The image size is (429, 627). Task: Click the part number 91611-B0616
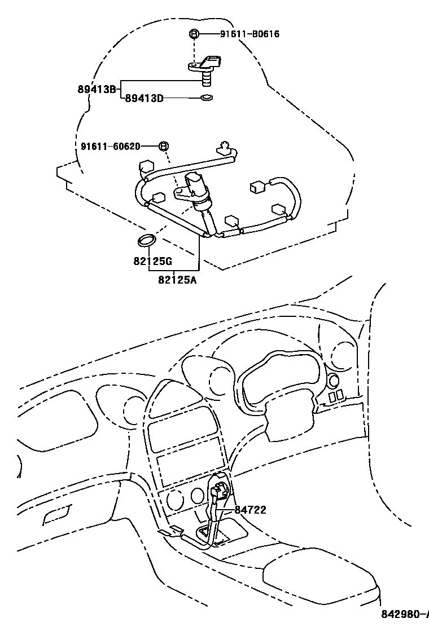click(249, 34)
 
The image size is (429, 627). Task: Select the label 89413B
click(97, 89)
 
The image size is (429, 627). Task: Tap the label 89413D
click(144, 99)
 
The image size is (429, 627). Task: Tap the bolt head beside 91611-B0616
click(194, 34)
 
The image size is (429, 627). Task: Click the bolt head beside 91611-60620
click(163, 147)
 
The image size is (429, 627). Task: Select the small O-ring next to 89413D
click(206, 99)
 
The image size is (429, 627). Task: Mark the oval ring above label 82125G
click(146, 241)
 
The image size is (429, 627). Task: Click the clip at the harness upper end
click(225, 148)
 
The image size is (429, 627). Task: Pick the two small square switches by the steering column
click(336, 397)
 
